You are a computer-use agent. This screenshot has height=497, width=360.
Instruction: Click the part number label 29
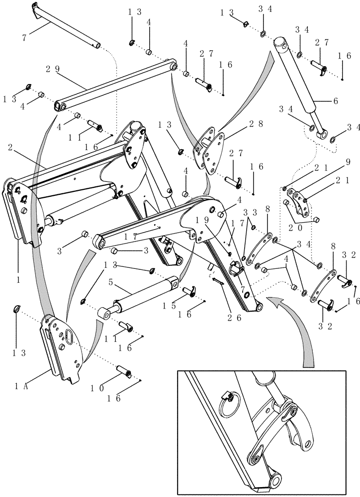coord(51,71)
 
